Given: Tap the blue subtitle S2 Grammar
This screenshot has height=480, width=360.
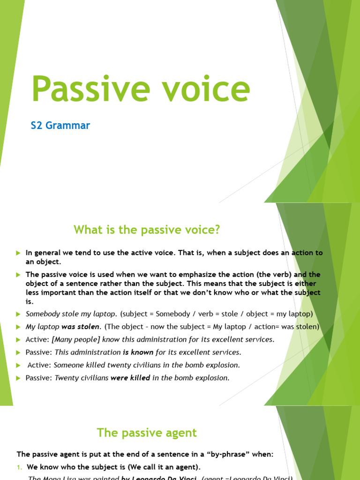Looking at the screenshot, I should [x=60, y=126].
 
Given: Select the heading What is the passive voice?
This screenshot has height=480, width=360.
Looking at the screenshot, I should [x=147, y=230].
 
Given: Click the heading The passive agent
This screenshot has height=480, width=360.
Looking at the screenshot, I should [x=147, y=433].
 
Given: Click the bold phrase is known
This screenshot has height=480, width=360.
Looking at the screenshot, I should [x=138, y=352].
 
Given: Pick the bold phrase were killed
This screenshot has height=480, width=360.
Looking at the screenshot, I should [x=130, y=378].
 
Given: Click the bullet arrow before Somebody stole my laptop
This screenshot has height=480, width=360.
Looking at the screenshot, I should [x=18, y=314].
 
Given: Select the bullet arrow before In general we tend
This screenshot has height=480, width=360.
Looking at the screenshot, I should [x=18, y=253].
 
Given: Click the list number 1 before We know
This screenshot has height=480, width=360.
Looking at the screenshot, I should [x=20, y=467].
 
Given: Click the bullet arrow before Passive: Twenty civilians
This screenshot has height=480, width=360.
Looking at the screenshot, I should [x=18, y=378].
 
